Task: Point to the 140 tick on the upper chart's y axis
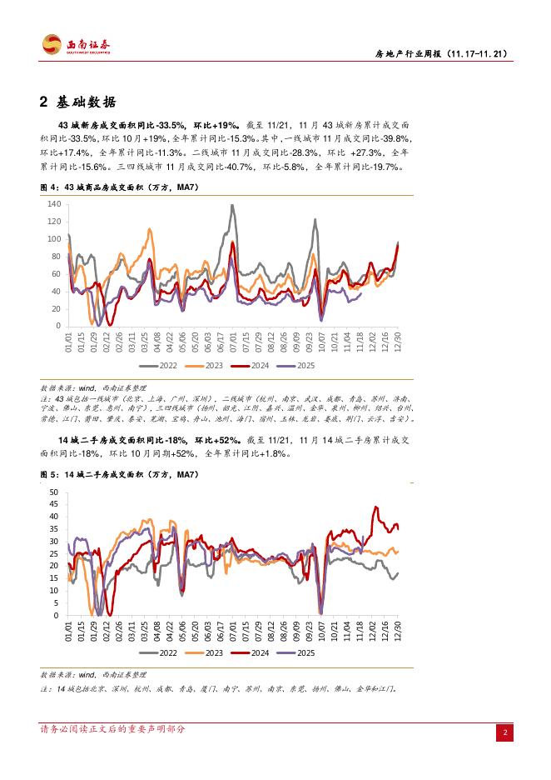[54, 204]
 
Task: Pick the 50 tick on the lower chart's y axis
[55, 492]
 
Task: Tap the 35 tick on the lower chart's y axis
[55, 528]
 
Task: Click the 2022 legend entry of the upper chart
[162, 365]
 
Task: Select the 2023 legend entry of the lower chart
[209, 653]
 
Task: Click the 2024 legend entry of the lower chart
[256, 653]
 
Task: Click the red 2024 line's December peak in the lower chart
[375, 507]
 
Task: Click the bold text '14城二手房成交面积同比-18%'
[124, 440]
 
